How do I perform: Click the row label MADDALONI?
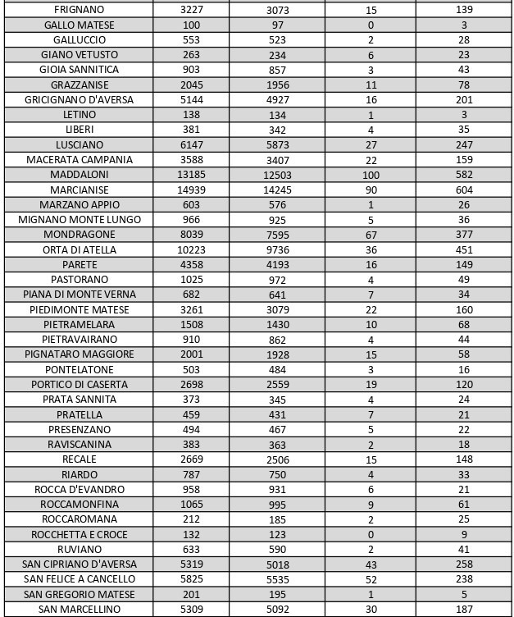click(x=80, y=175)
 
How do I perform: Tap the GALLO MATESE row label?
click(x=80, y=25)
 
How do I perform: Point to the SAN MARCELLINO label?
click(x=80, y=610)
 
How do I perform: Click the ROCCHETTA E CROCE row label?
click(x=80, y=534)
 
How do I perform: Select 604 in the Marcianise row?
click(x=464, y=190)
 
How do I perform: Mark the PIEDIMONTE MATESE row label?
click(x=80, y=309)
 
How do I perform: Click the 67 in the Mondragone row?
click(x=371, y=235)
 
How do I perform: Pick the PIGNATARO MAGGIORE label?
click(x=80, y=354)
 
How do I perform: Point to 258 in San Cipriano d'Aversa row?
click(x=464, y=564)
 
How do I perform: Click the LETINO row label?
click(x=80, y=115)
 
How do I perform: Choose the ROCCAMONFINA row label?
click(x=80, y=505)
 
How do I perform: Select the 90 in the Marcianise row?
click(x=371, y=190)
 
